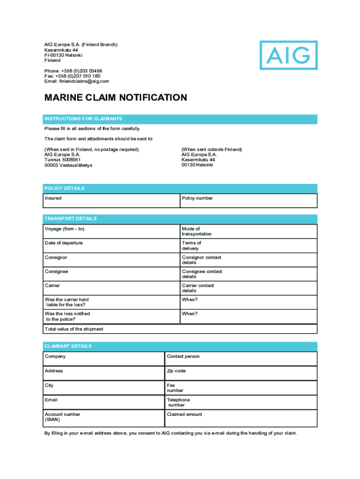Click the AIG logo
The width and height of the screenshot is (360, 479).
click(288, 55)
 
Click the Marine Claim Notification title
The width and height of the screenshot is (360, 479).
click(115, 98)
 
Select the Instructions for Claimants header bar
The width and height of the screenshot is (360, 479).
click(180, 119)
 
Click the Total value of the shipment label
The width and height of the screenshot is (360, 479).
click(74, 329)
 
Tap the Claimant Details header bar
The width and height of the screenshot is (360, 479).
click(180, 346)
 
